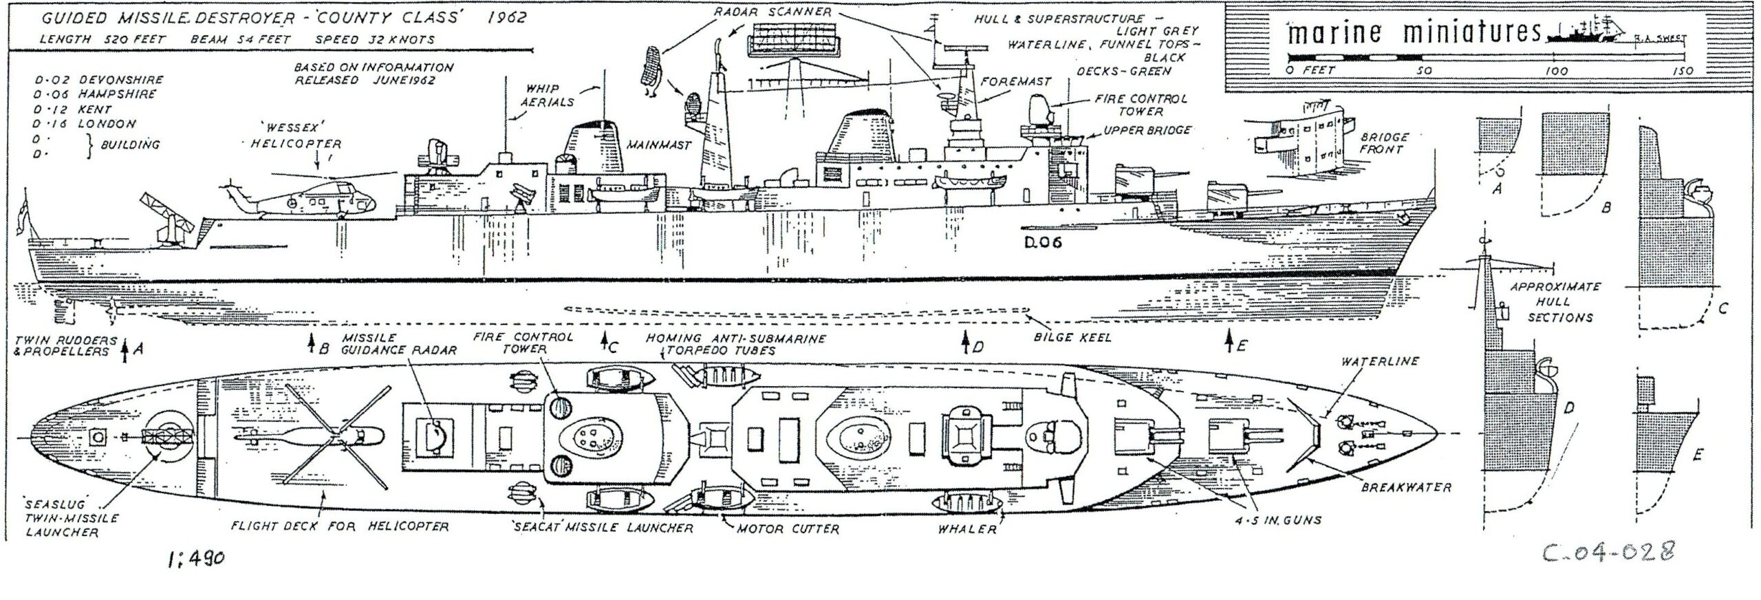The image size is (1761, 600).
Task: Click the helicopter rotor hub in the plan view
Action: click(335, 436)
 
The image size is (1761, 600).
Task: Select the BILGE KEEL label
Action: click(1071, 338)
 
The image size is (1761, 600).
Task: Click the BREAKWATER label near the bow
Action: click(1406, 487)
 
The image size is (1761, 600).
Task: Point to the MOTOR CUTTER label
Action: click(788, 529)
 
